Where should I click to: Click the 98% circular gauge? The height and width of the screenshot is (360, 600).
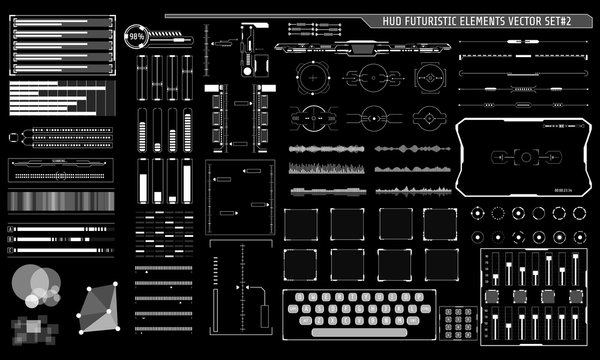coord(136,38)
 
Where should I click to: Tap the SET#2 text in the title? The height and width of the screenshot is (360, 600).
coord(572,21)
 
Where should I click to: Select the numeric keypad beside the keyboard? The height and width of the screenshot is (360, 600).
coord(458,324)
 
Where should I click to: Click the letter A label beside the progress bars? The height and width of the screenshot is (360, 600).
coord(11,229)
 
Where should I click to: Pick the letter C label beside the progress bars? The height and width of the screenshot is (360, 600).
coord(11,251)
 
